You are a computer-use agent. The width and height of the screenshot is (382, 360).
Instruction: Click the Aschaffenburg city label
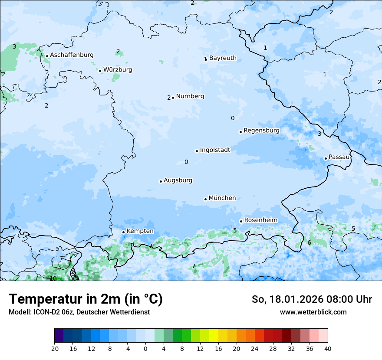pos(72,55)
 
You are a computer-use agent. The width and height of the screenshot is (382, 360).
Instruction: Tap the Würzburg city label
pos(118,70)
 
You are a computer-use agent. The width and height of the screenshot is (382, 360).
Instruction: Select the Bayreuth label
pos(223,58)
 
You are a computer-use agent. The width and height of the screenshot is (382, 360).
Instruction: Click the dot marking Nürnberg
pos(173,98)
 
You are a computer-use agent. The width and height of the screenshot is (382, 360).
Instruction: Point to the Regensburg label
pos(261,131)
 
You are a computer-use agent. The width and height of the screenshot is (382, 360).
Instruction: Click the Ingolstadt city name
pos(215,150)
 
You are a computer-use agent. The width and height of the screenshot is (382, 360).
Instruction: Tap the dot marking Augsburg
pos(161,181)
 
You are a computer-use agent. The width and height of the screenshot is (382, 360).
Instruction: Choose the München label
pos(222,198)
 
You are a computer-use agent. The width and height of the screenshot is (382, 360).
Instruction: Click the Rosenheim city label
pos(260,220)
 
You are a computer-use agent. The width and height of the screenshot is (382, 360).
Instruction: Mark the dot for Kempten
pos(123,232)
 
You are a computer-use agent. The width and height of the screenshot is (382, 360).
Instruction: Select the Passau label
pos(339,157)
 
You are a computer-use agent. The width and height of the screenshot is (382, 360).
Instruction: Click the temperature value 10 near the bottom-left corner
pos(53,278)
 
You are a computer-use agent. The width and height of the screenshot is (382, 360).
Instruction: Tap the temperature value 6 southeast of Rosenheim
pos(309,242)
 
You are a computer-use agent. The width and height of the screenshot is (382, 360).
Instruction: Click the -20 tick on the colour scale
pos(54,348)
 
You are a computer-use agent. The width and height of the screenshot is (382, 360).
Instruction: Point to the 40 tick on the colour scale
pos(328,348)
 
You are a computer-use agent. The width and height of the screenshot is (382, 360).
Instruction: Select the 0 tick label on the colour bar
pos(145,348)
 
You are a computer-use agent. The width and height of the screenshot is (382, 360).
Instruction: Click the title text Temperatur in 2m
pos(86,299)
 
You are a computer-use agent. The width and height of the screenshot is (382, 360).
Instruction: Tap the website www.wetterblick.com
pos(313,312)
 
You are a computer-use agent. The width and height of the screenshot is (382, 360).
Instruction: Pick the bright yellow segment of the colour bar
pos(214,336)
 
